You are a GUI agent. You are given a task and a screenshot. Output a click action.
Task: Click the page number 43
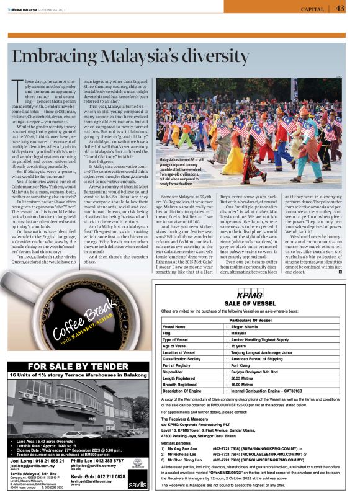point(340,8)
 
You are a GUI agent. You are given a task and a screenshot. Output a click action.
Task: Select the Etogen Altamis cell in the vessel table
point(249,326)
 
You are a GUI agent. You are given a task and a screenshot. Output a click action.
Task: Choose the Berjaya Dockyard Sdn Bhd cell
point(254,371)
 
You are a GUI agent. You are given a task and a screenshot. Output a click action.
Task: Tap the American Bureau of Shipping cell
point(256,358)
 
